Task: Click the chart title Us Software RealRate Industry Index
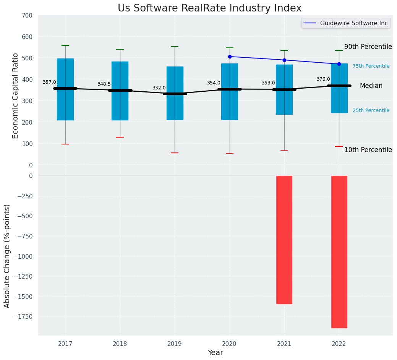(x=209, y=8)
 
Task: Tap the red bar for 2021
(x=284, y=240)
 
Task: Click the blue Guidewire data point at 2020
(x=230, y=57)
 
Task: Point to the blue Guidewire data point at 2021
(x=284, y=60)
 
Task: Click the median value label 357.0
(x=49, y=82)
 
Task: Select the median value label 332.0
(x=159, y=88)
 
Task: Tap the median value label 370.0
(x=323, y=79)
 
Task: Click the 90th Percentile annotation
(x=368, y=47)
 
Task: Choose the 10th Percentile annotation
(x=368, y=150)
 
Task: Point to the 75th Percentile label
(x=371, y=66)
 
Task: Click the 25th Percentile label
(x=371, y=110)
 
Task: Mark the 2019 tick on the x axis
(x=175, y=344)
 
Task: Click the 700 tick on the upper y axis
(x=28, y=15)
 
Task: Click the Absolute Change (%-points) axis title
(x=7, y=256)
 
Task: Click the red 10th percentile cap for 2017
(x=65, y=144)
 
